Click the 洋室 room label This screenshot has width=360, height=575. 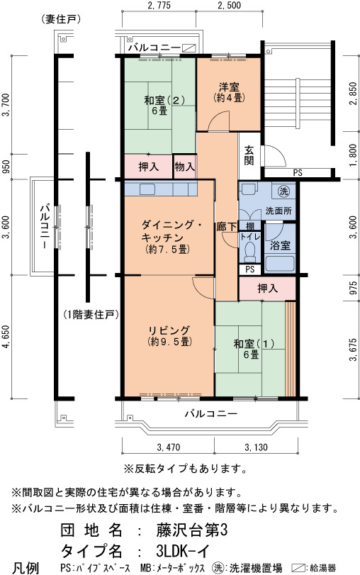pos(229,87)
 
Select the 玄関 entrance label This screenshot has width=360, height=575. pos(249,155)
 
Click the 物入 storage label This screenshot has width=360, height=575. pos(184,167)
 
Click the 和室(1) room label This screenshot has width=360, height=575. pos(254,344)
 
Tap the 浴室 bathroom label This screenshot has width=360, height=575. pos(280,245)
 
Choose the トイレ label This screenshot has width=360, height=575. pos(250,238)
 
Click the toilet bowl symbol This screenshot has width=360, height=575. pos(250,252)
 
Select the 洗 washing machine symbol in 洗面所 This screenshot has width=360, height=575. pos(283,191)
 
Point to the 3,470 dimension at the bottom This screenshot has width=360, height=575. pos(168,447)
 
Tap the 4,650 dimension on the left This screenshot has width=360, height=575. pos(6,337)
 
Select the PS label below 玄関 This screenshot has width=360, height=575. pos(298,172)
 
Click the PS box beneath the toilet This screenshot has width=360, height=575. pos(249,269)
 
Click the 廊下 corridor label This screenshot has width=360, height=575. pos(227,227)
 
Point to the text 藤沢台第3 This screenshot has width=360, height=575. pos(192,530)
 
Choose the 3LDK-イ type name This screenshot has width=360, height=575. pos(182,551)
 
